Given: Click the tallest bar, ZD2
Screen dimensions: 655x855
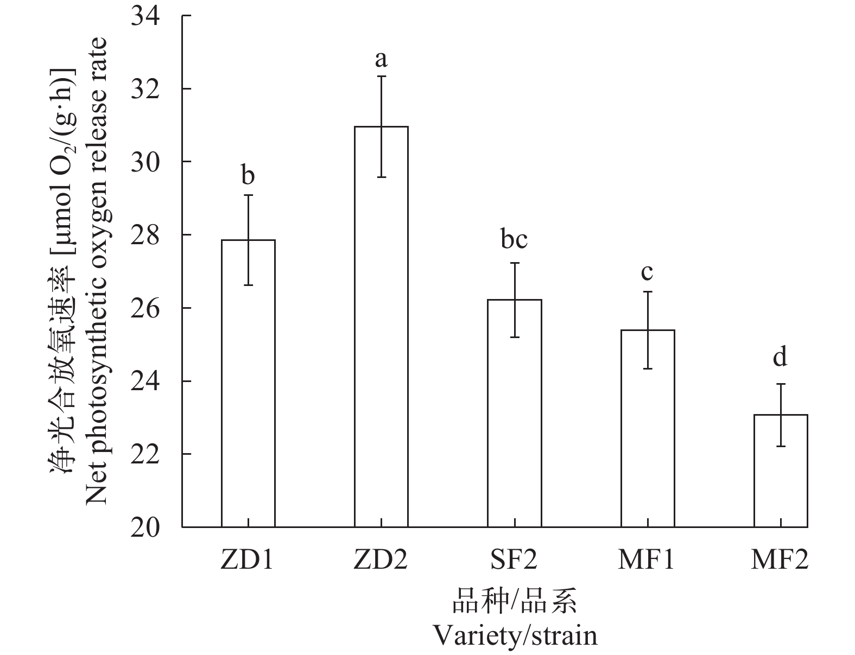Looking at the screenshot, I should (381, 326).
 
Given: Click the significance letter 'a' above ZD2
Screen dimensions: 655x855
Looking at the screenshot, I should (381, 58).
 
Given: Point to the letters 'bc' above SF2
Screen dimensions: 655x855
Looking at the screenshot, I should (514, 239).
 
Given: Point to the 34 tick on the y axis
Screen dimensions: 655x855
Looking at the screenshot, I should (145, 16).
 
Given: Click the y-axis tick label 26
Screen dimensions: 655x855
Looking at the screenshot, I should (145, 308).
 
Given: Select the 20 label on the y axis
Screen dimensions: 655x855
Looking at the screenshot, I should (145, 527).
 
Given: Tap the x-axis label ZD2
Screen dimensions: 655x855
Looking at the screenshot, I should (381, 560).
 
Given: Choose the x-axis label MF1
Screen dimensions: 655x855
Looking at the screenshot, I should (647, 560).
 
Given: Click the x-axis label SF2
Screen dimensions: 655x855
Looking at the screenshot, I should (514, 560).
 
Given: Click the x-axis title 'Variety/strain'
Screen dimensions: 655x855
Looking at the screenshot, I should (514, 635).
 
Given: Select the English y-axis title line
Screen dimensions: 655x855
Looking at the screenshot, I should (97, 271).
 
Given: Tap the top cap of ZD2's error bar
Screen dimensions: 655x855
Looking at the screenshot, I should (382, 77).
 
